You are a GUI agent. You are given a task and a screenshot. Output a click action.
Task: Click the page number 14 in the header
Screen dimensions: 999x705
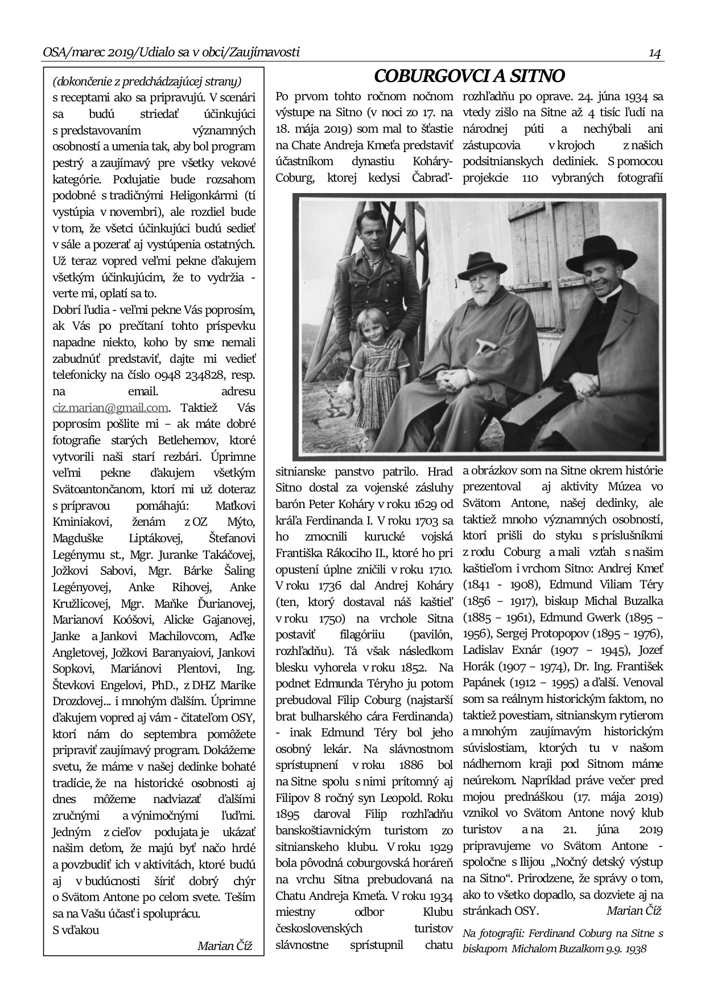tap(654, 54)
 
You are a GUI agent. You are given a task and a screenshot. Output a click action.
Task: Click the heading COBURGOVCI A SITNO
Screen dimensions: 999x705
tap(469, 76)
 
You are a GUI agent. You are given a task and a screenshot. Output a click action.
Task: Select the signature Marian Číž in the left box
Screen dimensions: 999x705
tap(224, 946)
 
